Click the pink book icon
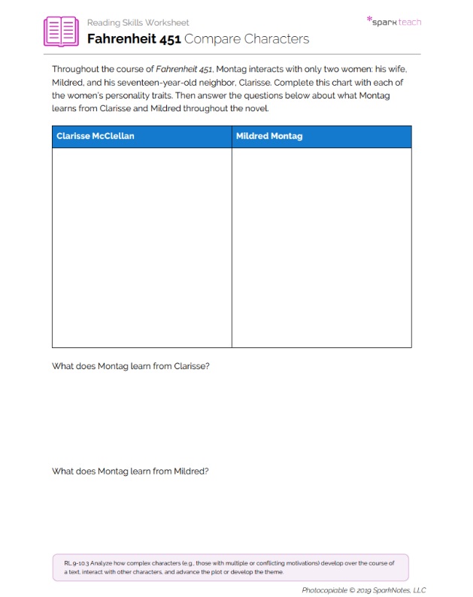[61, 31]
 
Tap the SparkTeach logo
[395, 22]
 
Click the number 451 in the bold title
[165, 38]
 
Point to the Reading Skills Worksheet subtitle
[138, 23]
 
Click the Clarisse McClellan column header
[96, 136]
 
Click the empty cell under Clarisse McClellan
[141, 247]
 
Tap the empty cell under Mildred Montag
[321, 247]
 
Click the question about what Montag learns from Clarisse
[130, 366]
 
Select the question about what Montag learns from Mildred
[130, 471]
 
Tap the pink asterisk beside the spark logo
[369, 20]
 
